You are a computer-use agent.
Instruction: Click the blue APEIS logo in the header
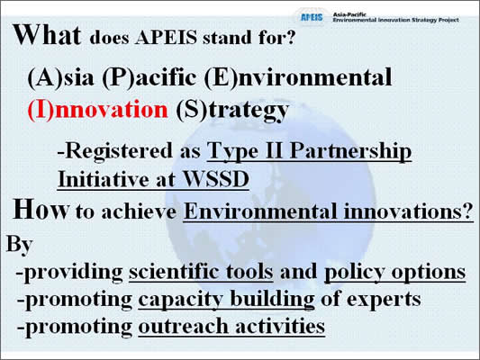pyautogui.click(x=312, y=17)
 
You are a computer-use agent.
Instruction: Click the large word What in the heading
pyautogui.click(x=47, y=35)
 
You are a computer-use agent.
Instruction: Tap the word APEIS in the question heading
pyautogui.click(x=166, y=38)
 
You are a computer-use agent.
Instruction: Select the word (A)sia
pyautogui.click(x=60, y=77)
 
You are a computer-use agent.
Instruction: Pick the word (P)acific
pyautogui.click(x=149, y=77)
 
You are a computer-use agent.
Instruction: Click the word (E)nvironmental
pyautogui.click(x=298, y=77)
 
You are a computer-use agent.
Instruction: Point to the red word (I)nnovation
pyautogui.click(x=97, y=110)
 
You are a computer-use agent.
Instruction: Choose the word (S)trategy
pyautogui.click(x=232, y=111)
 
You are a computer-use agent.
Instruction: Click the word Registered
pyautogui.click(x=115, y=152)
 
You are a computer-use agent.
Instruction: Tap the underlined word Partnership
pyautogui.click(x=350, y=152)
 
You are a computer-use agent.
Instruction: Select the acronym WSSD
pyautogui.click(x=215, y=179)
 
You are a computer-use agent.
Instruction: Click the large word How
pyautogui.click(x=41, y=210)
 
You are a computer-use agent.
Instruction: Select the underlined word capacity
pyautogui.click(x=180, y=300)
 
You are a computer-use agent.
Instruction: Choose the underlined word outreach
pyautogui.click(x=184, y=326)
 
